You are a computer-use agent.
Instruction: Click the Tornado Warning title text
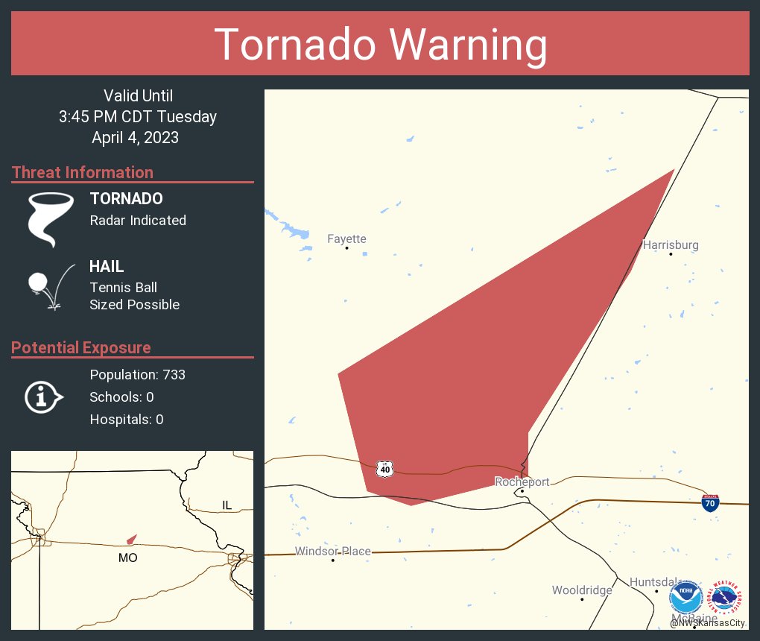[380, 45]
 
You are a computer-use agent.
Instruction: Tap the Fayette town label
[346, 239]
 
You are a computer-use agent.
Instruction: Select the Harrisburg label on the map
[671, 244]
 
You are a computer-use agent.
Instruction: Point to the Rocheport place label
[522, 481]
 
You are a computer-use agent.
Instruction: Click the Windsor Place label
[332, 552]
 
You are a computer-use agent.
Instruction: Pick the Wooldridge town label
[582, 590]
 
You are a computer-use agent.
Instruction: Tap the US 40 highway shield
[384, 469]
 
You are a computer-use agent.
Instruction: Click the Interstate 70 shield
[710, 504]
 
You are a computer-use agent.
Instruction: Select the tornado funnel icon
[50, 218]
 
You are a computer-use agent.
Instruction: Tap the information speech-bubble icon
[42, 397]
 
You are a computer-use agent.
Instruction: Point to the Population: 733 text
[137, 374]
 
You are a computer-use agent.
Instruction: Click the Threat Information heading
[83, 172]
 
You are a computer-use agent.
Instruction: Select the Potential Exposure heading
[81, 347]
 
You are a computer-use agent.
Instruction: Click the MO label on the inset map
[127, 558]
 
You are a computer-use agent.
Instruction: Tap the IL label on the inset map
[227, 505]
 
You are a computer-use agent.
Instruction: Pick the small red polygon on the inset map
[131, 539]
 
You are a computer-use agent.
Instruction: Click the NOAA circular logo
[685, 597]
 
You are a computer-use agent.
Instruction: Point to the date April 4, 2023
[135, 137]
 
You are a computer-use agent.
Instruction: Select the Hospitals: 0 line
[126, 419]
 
